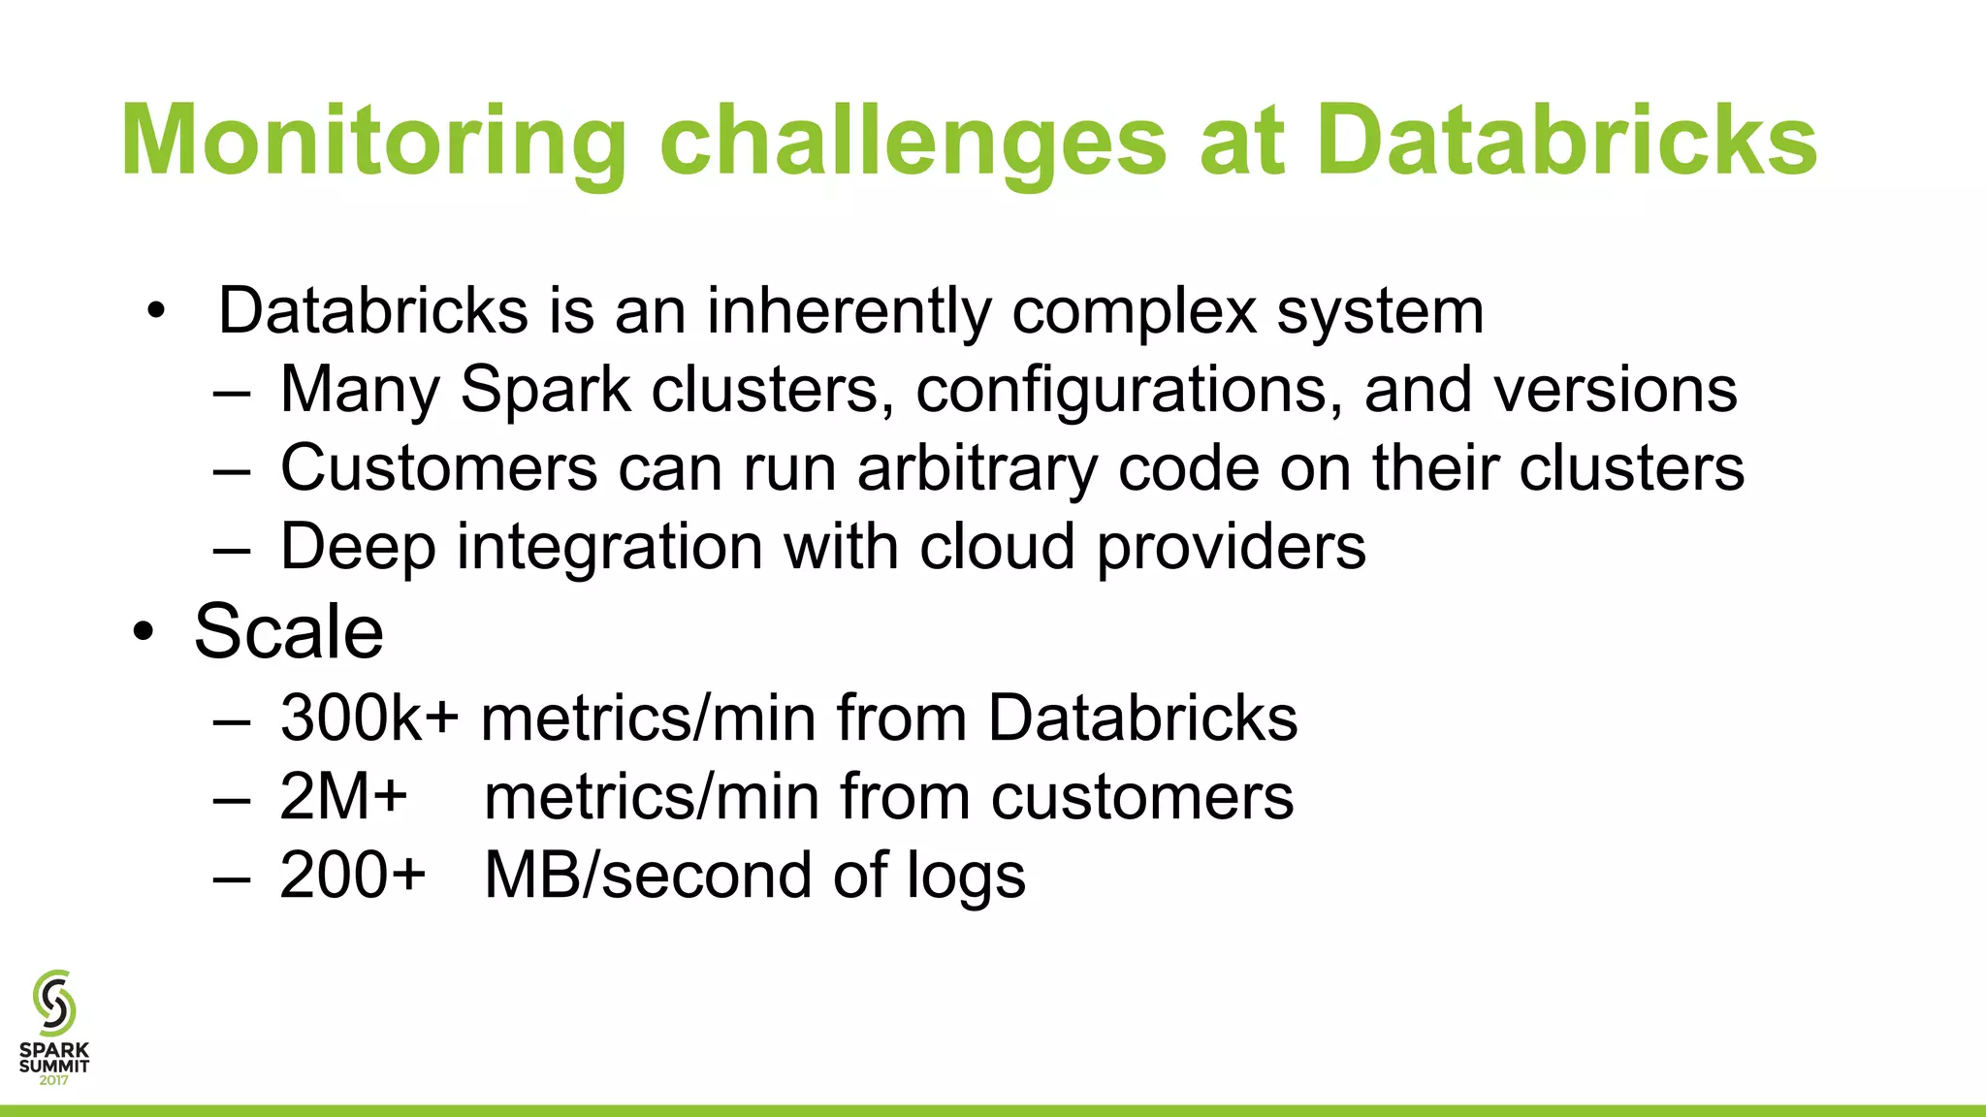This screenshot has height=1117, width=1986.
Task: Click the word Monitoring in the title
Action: (373, 143)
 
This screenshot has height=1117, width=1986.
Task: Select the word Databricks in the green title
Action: (1565, 143)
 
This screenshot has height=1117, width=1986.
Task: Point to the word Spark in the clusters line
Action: (545, 390)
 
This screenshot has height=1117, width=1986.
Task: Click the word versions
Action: (1615, 390)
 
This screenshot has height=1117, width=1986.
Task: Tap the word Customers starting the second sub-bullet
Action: (438, 468)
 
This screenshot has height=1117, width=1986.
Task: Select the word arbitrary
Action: (977, 468)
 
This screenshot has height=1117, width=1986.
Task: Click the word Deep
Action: (358, 547)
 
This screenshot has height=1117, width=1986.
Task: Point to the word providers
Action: (1231, 547)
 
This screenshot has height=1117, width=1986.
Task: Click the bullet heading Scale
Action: (289, 632)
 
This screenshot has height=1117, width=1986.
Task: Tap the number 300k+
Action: (369, 718)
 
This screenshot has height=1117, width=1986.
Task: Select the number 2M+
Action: (343, 797)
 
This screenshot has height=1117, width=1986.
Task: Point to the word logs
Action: (966, 876)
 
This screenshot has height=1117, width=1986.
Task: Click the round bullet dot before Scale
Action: (144, 633)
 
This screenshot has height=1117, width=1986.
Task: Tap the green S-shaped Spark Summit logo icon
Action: (53, 1003)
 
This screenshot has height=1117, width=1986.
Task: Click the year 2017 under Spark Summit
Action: (54, 1080)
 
